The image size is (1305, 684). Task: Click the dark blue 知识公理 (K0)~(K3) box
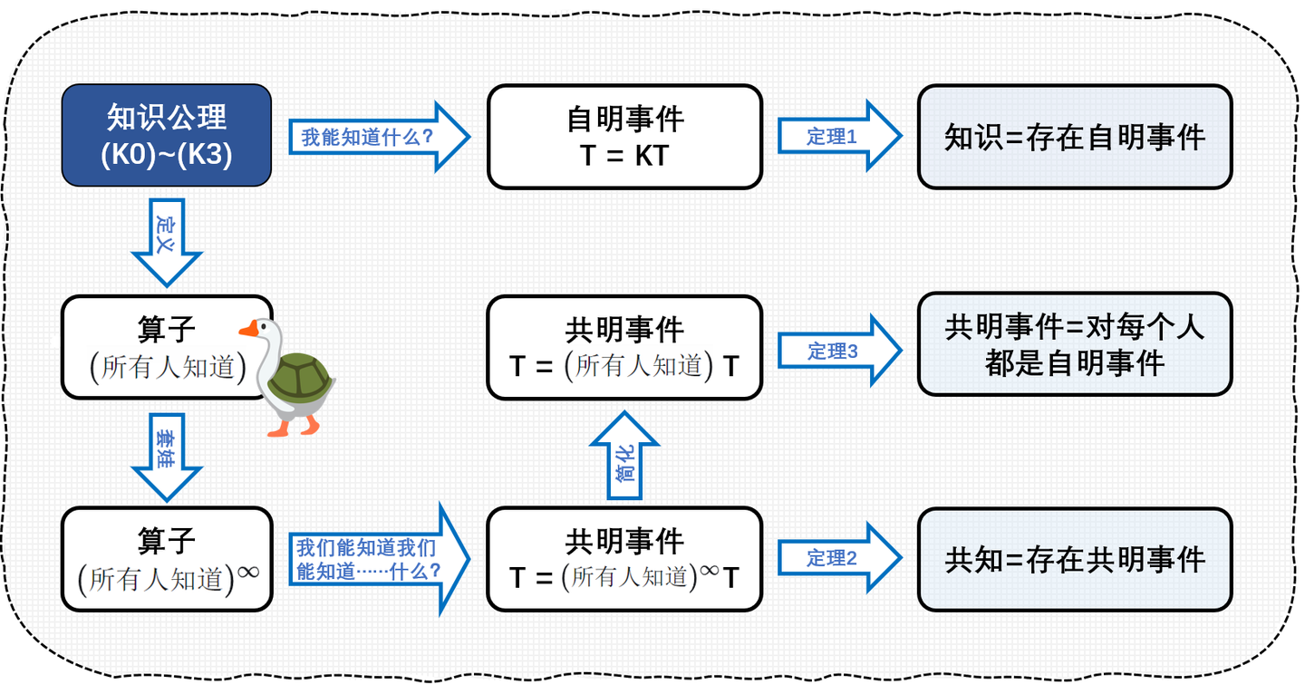[167, 136]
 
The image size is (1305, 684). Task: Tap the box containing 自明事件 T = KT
[624, 137]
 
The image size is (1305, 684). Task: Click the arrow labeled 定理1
[837, 137]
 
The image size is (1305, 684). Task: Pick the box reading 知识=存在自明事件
[1075, 137]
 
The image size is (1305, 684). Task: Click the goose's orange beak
[246, 331]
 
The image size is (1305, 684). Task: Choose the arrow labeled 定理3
[837, 351]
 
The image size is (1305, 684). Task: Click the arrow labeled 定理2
[837, 558]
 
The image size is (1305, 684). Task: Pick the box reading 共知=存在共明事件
[1075, 559]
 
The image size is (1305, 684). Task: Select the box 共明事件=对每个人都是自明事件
[1075, 344]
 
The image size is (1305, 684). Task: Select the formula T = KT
[624, 155]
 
